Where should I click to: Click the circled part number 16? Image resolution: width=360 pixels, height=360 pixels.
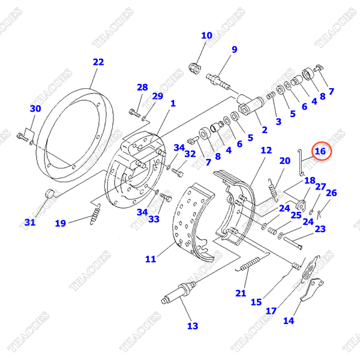[x=320, y=151]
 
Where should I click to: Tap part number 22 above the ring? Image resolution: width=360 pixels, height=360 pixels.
[x=98, y=62]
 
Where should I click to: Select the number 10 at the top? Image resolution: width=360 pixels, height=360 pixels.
[x=206, y=35]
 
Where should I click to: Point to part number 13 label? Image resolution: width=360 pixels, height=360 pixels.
[x=192, y=326]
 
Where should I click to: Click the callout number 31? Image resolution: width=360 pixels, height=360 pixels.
[x=30, y=223]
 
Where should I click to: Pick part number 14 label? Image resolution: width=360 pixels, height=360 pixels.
[x=289, y=320]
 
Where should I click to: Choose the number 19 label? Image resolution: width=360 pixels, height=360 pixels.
[x=61, y=224]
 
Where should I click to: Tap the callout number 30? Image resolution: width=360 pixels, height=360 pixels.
[x=35, y=109]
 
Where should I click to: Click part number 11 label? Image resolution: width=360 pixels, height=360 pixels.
[x=150, y=259]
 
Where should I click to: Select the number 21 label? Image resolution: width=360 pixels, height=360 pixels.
[x=241, y=293]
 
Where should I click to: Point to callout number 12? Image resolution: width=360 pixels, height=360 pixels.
[x=266, y=151]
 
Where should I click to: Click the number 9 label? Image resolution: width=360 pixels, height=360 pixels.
[x=234, y=49]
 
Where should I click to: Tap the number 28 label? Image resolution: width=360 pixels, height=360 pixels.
[x=142, y=88]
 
